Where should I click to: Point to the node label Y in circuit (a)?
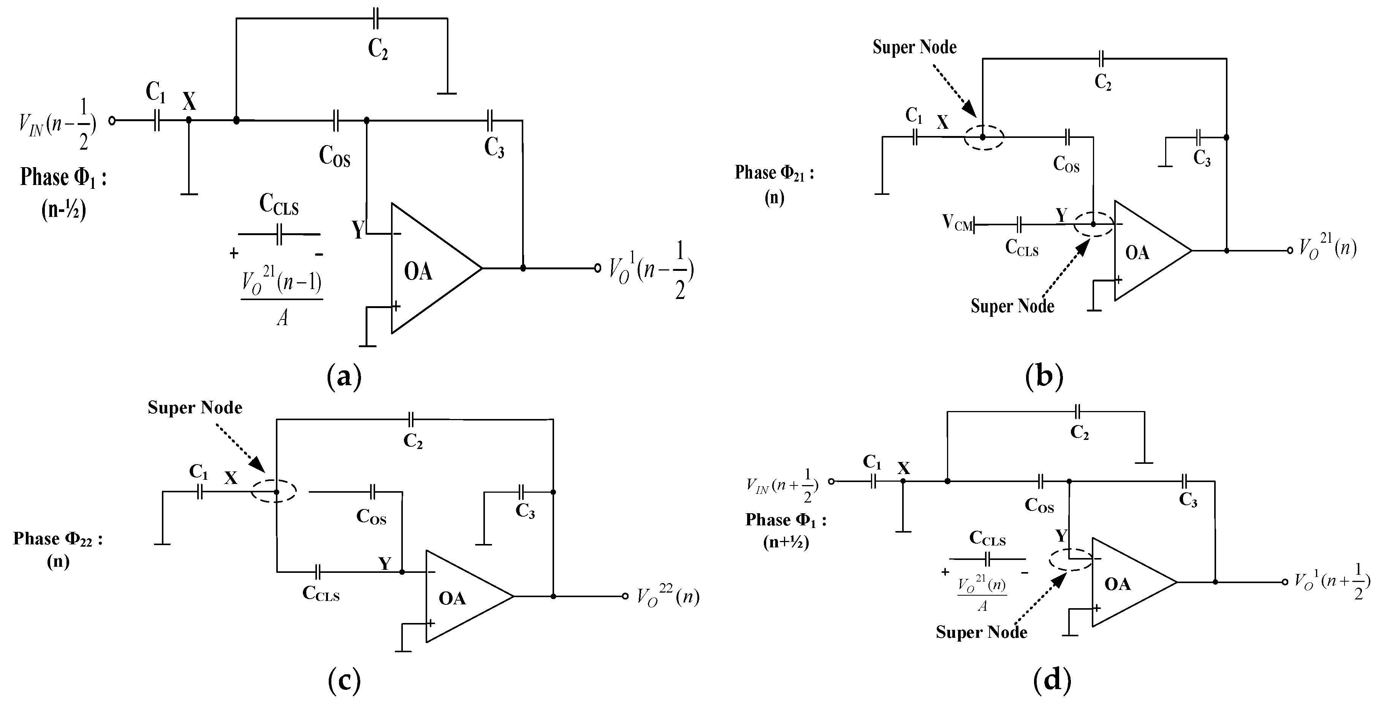click(358, 231)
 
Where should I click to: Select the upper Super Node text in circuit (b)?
click(915, 47)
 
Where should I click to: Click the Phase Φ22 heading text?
click(58, 539)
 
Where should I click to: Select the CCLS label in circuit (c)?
click(321, 594)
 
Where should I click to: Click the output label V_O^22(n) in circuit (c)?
click(667, 596)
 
